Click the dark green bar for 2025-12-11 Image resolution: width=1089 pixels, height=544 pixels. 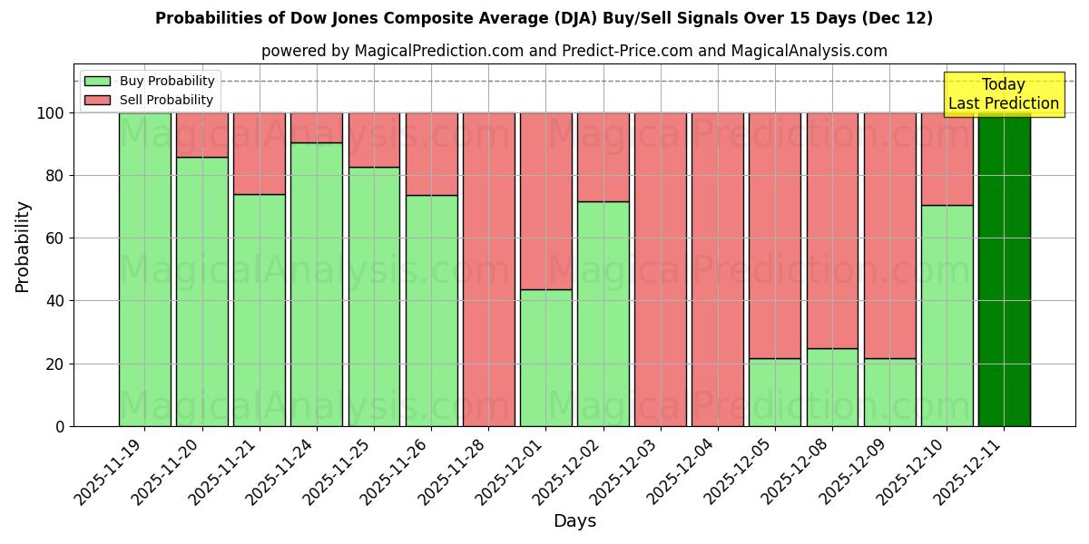(x=1004, y=269)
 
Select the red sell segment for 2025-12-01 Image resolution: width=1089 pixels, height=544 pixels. (x=545, y=200)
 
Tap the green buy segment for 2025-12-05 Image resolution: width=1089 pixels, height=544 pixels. (x=775, y=392)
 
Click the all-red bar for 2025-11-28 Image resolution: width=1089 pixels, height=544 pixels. (x=488, y=269)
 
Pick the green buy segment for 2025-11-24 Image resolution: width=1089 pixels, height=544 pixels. (x=317, y=284)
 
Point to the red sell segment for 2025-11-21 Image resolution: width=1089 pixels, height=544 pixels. (x=260, y=153)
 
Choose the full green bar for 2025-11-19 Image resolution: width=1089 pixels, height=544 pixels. (x=145, y=269)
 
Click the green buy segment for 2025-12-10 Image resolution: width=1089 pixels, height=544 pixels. (x=947, y=316)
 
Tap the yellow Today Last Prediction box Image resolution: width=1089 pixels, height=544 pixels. (x=1003, y=94)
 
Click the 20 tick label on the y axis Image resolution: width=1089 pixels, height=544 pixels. (x=55, y=364)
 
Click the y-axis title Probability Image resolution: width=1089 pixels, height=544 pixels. (x=23, y=247)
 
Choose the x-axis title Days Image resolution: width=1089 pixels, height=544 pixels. (x=574, y=521)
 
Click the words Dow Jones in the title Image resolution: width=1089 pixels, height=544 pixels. (x=328, y=18)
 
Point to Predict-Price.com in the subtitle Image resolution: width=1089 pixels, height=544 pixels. (x=629, y=51)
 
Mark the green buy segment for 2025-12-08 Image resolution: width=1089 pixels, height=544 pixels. (x=832, y=387)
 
